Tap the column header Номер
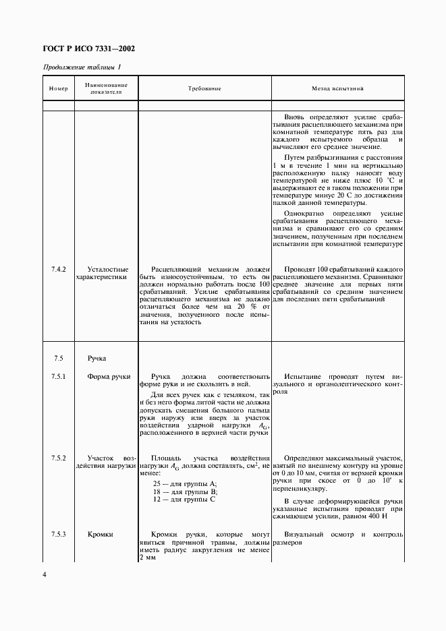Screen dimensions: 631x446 tap(59, 88)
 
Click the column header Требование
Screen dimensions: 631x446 tap(204, 88)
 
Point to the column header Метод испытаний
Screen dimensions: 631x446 tap(337, 88)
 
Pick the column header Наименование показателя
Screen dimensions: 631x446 tap(106, 88)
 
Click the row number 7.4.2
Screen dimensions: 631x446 tap(59, 268)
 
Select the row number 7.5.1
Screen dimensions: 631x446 tap(59, 376)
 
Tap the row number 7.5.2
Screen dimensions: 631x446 tap(59, 458)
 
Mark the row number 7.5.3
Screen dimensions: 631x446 tap(59, 535)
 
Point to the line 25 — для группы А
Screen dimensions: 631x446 tap(184, 483)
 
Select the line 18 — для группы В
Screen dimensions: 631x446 tap(184, 491)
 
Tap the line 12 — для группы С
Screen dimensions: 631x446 tap(184, 500)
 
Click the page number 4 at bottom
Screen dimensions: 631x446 tap(45, 574)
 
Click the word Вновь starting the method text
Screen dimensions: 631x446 tap(296, 116)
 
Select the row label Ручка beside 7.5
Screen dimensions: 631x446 tap(96, 358)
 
